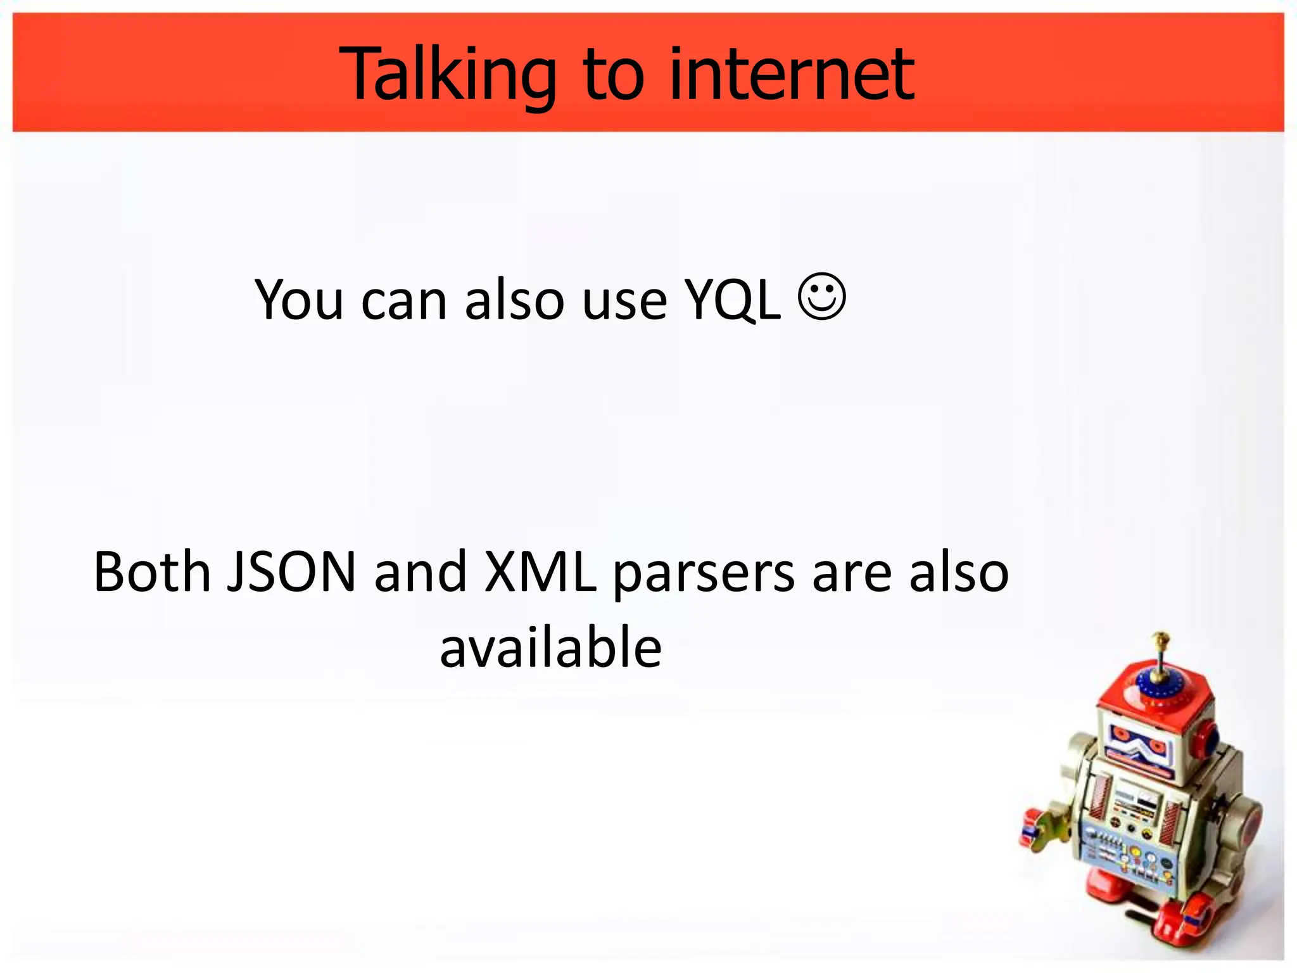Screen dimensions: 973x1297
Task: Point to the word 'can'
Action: pyautogui.click(x=404, y=302)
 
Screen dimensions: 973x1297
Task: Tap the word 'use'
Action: pyautogui.click(x=624, y=302)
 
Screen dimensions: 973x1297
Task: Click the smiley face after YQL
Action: pyautogui.click(x=822, y=296)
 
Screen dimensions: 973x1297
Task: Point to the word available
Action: pyautogui.click(x=551, y=647)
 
